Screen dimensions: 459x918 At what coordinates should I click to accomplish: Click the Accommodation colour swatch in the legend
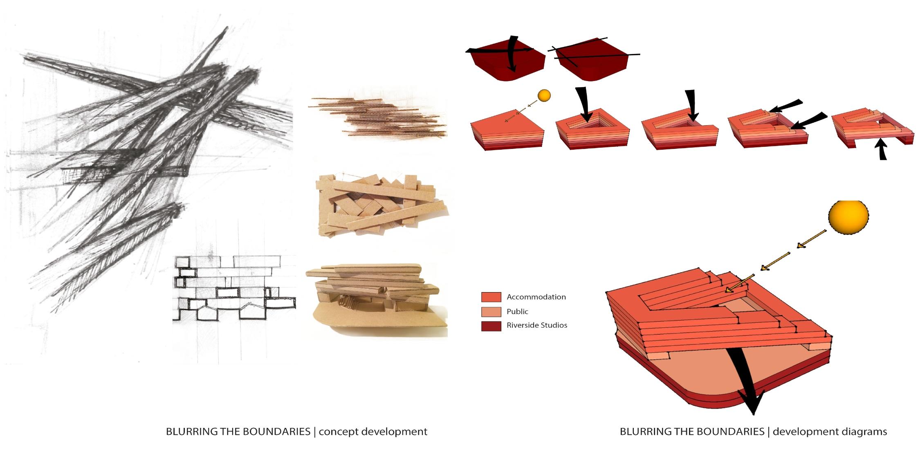(x=491, y=297)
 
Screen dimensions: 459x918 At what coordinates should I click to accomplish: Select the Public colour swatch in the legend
(x=491, y=311)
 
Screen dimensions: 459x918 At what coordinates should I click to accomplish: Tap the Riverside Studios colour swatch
(x=491, y=326)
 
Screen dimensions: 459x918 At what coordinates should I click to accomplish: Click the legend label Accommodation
(x=536, y=297)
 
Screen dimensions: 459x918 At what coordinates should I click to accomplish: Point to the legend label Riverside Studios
(x=536, y=326)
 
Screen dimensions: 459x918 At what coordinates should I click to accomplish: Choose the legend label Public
(x=517, y=311)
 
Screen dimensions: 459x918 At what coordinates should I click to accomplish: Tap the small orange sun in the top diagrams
(x=544, y=96)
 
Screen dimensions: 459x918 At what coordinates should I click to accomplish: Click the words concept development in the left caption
(x=373, y=432)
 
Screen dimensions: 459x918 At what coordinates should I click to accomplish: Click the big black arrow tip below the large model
(x=752, y=407)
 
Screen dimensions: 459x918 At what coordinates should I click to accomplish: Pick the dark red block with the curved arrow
(x=507, y=61)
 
